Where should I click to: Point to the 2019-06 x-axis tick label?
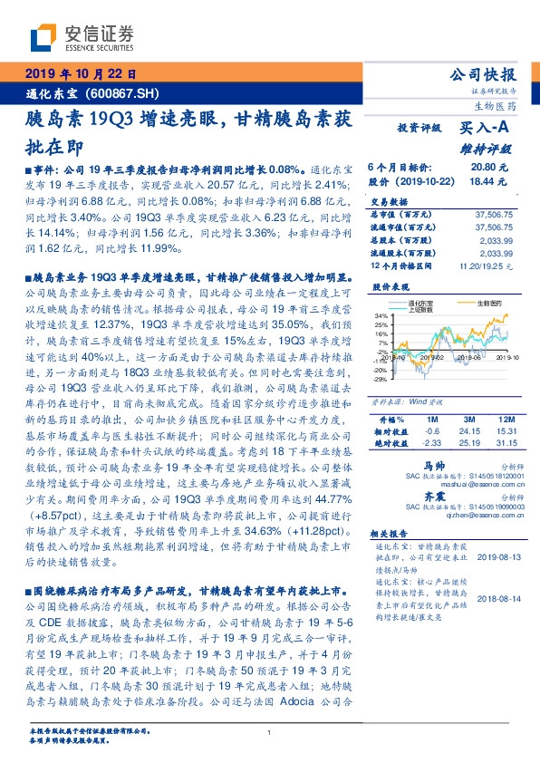[459, 359]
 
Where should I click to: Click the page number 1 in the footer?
[270, 733]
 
